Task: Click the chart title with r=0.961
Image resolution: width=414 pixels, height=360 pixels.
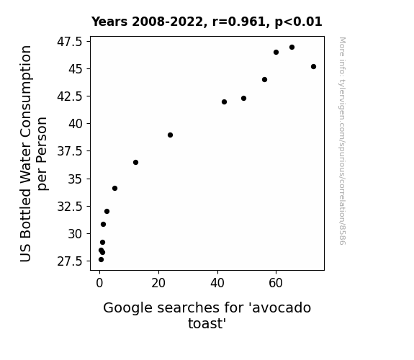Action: pos(207,22)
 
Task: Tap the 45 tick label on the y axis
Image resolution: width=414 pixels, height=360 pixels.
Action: pos(76,69)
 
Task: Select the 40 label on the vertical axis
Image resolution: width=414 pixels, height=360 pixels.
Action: pos(76,124)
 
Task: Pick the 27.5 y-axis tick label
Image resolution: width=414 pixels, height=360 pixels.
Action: pos(70,261)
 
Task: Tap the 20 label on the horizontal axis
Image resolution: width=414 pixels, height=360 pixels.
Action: pos(158,283)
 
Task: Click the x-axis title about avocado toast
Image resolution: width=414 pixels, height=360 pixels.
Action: pos(207,315)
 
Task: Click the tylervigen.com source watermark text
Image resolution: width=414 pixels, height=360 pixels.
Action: pos(342,141)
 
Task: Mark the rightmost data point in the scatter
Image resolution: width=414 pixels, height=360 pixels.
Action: pos(313,66)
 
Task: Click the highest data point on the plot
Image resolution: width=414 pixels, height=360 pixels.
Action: pos(292,48)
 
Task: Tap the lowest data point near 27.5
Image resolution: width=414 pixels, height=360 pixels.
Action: pos(101,260)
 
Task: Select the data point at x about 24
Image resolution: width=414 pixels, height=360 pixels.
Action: pos(171,135)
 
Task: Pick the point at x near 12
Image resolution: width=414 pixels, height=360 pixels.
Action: pos(135,163)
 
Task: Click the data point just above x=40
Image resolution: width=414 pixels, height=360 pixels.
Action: pos(224,102)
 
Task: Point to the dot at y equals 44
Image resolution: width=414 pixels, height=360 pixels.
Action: pos(264,79)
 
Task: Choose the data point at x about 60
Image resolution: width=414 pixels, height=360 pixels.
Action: pos(276,53)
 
